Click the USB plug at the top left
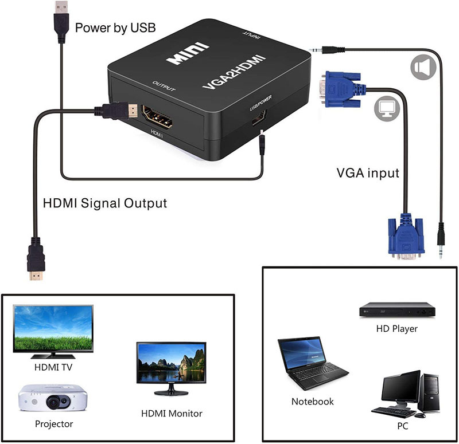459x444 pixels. (x=61, y=22)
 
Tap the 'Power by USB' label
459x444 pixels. (x=115, y=27)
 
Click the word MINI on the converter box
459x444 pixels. (x=188, y=53)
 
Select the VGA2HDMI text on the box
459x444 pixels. (x=234, y=71)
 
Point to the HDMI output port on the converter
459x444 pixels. (x=157, y=117)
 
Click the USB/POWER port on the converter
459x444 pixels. (x=259, y=117)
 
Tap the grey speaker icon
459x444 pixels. (x=423, y=67)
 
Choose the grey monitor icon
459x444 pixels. (x=387, y=108)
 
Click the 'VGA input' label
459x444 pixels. (x=368, y=173)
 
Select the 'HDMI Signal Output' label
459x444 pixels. (x=105, y=203)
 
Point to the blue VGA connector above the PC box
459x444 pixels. (x=406, y=237)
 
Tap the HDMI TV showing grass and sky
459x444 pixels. (x=53, y=332)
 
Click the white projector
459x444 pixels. (x=53, y=398)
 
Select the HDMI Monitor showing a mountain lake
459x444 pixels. (x=171, y=368)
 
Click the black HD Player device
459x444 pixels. (x=397, y=310)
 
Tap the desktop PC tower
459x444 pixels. (x=430, y=392)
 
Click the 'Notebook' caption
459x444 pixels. (x=312, y=402)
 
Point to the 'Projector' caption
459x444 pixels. (x=54, y=424)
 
